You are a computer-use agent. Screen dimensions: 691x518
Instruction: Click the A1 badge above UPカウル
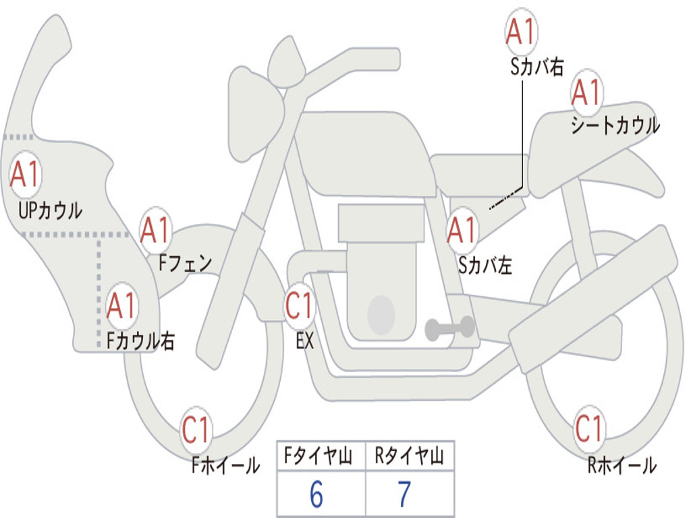[x=26, y=174]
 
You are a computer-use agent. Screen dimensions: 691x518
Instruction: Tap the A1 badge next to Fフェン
[x=155, y=229]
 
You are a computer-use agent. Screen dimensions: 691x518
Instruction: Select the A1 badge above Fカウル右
[x=121, y=306]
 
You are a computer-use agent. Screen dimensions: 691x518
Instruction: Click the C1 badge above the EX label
[x=299, y=306]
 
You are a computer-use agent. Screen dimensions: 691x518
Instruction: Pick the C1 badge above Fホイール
[x=196, y=430]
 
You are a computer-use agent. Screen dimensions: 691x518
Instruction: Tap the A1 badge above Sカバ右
[x=520, y=32]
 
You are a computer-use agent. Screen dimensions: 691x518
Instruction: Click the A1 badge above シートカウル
[x=586, y=92]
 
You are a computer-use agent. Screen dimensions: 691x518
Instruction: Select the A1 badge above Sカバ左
[x=462, y=229]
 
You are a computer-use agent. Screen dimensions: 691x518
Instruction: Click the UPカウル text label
[x=50, y=210]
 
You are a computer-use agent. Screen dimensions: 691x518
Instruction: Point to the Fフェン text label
[x=185, y=264]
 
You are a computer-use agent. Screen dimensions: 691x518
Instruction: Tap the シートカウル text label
[x=615, y=125]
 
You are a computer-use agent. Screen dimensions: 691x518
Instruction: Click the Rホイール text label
[x=621, y=465]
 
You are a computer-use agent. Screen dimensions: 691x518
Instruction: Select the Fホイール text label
[x=225, y=465]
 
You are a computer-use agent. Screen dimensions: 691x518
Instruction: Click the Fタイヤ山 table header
[x=319, y=456]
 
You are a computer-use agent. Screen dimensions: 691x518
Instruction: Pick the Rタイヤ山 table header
[x=410, y=456]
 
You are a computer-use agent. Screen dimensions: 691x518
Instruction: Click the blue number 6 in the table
[x=316, y=494]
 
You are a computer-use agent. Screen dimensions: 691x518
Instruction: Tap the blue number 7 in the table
[x=405, y=494]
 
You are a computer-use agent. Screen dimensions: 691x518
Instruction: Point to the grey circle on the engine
[x=381, y=315]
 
